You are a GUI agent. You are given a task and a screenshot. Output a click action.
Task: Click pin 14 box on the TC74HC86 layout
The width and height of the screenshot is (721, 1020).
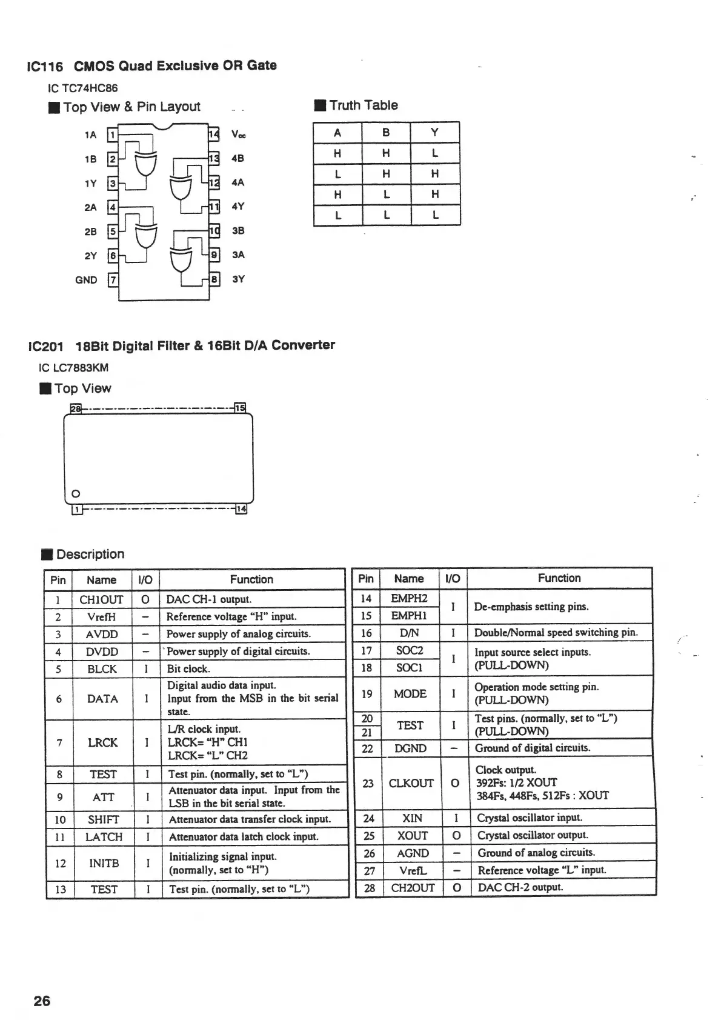pyautogui.click(x=213, y=134)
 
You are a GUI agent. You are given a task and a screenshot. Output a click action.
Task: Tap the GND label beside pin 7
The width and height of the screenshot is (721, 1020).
pyautogui.click(x=86, y=279)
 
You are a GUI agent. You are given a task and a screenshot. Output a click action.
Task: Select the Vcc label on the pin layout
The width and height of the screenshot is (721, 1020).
pyautogui.click(x=239, y=135)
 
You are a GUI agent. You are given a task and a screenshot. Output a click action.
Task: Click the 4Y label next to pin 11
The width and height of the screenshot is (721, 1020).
pyautogui.click(x=238, y=206)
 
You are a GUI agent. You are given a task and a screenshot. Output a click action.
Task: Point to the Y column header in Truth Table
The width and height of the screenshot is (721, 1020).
pyautogui.click(x=434, y=133)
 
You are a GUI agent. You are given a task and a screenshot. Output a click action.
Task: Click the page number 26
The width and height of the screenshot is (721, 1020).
pyautogui.click(x=42, y=1001)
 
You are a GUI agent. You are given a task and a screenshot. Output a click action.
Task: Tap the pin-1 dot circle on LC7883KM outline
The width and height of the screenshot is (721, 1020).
pyautogui.click(x=76, y=492)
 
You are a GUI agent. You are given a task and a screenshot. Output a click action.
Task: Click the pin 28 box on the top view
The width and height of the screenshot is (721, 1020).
pyautogui.click(x=76, y=408)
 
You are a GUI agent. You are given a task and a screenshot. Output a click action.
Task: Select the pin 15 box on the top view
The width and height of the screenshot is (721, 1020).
pyautogui.click(x=240, y=408)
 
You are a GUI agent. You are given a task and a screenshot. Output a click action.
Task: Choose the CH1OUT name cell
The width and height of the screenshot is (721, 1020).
pyautogui.click(x=101, y=599)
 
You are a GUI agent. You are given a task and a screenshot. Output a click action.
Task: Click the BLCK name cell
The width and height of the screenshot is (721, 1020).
pyautogui.click(x=102, y=668)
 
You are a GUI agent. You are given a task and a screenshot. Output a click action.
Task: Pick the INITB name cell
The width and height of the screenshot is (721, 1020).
pyautogui.click(x=104, y=863)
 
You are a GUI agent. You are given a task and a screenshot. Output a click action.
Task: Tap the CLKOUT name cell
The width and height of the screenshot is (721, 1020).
pyautogui.click(x=411, y=783)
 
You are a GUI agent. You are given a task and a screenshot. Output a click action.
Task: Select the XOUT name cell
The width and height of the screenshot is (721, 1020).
pyautogui.click(x=412, y=835)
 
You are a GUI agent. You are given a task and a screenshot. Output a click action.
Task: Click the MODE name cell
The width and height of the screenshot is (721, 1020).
pyautogui.click(x=410, y=693)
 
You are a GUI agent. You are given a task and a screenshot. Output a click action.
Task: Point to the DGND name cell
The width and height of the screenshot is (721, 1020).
pyautogui.click(x=410, y=748)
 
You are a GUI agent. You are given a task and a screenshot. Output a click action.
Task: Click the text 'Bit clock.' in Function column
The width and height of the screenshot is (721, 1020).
pyautogui.click(x=188, y=668)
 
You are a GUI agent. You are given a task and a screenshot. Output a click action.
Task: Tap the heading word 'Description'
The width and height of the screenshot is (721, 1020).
pyautogui.click(x=90, y=554)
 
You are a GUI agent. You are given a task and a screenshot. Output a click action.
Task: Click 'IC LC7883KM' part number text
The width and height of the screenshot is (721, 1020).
pyautogui.click(x=73, y=367)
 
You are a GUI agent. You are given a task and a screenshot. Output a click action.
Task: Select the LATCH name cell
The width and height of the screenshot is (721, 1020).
pyautogui.click(x=104, y=837)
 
